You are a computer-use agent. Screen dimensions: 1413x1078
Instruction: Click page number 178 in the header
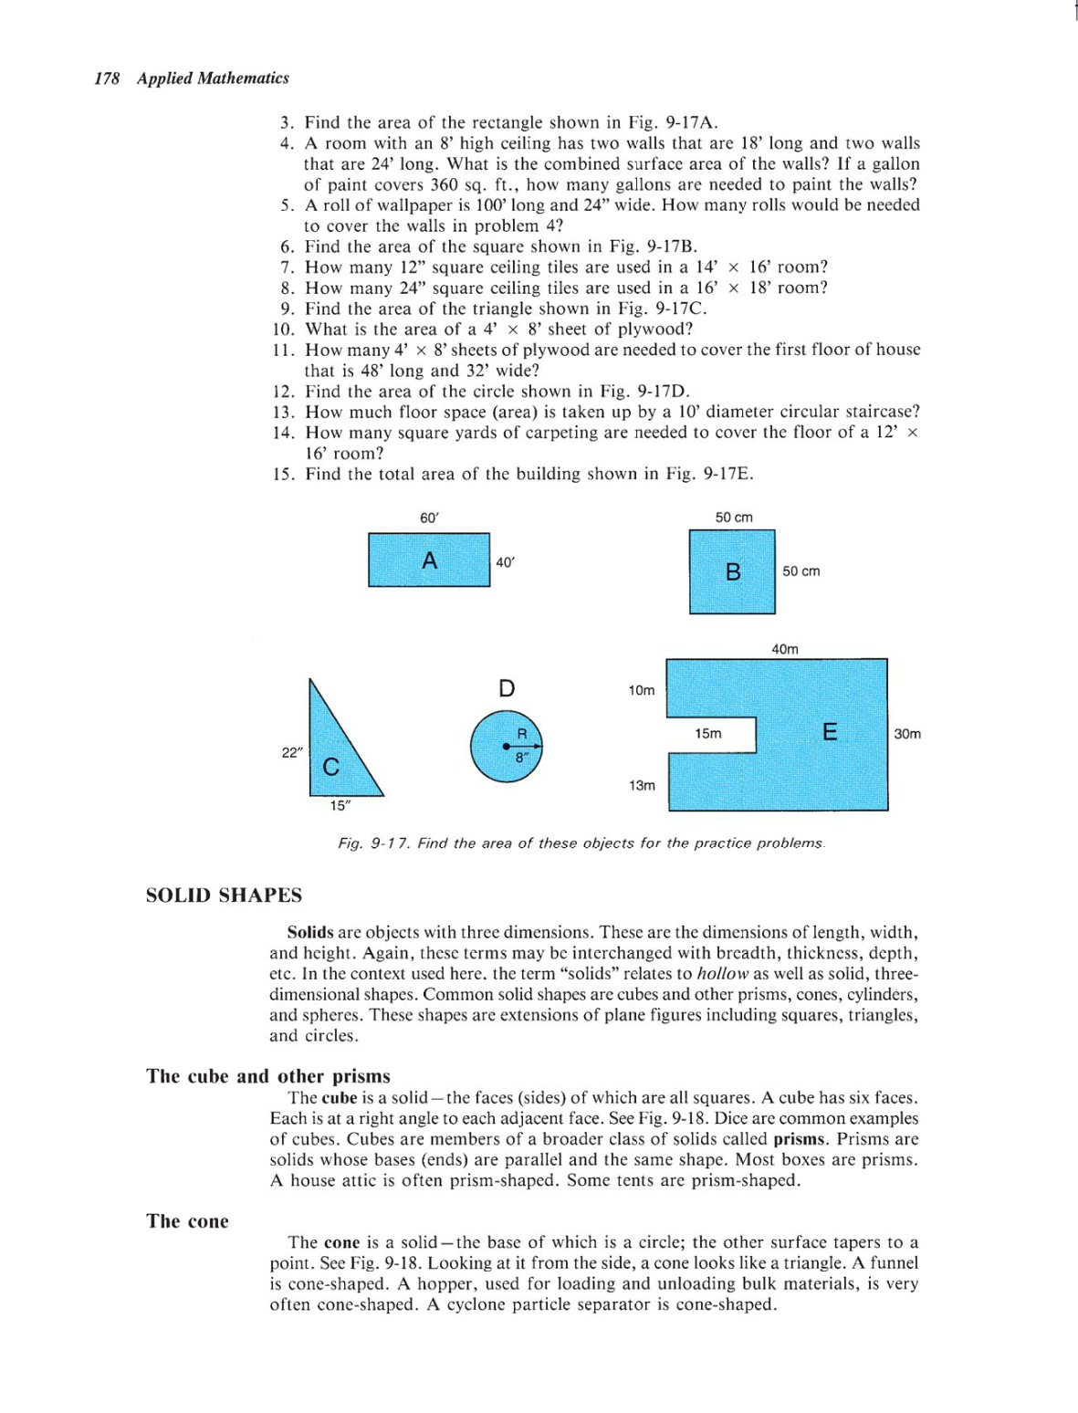click(x=107, y=78)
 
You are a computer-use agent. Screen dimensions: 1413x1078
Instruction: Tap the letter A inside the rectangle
click(x=429, y=560)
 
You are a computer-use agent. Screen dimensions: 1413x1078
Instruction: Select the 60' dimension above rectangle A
click(x=429, y=518)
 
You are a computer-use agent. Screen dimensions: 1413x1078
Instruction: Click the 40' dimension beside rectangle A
click(x=505, y=562)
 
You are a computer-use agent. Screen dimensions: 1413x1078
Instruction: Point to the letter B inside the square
click(x=733, y=572)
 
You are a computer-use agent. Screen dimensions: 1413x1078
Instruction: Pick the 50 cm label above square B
click(x=734, y=518)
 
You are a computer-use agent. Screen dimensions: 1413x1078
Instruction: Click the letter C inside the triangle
click(x=331, y=767)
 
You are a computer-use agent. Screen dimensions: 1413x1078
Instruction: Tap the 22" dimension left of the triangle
click(x=291, y=752)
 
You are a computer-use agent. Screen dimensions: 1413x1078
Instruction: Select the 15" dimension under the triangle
click(x=340, y=805)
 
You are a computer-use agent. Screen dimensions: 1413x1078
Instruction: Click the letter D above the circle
click(x=507, y=688)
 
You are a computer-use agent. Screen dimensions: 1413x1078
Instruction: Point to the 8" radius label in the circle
click(x=521, y=757)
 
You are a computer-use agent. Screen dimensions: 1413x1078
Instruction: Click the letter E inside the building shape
click(x=830, y=732)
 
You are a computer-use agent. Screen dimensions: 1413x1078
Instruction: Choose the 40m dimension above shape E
click(x=785, y=649)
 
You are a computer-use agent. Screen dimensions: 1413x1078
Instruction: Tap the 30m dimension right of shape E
click(x=907, y=734)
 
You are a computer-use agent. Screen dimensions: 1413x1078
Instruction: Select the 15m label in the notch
click(x=707, y=734)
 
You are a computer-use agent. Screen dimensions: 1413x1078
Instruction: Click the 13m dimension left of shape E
click(x=642, y=785)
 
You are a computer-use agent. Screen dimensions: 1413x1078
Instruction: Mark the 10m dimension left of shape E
click(x=642, y=690)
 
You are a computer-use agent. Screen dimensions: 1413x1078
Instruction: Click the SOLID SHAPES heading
click(x=224, y=895)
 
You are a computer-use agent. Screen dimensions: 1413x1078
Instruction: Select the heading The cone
click(x=187, y=1221)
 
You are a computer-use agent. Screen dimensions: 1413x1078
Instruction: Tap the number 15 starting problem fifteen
click(x=283, y=475)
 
